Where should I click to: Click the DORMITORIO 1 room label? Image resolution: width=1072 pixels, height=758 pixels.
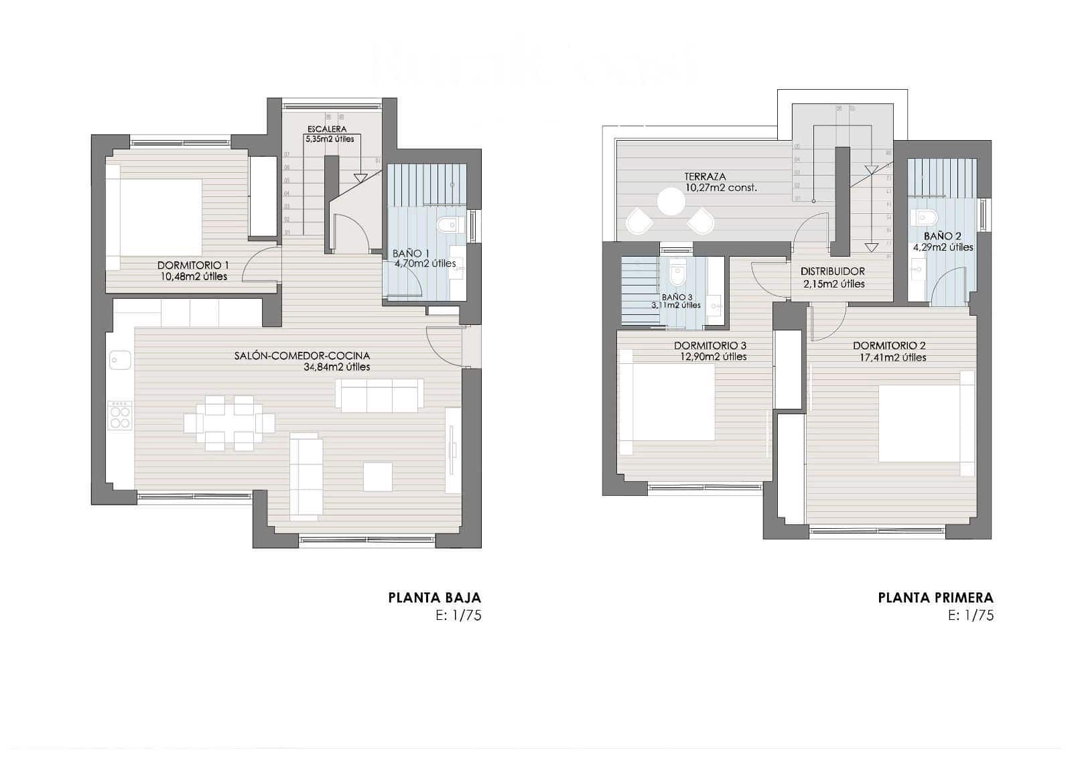[192, 265]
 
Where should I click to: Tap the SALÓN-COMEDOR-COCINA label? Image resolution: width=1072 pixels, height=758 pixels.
[301, 356]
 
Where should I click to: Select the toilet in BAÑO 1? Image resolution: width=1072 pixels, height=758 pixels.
[446, 225]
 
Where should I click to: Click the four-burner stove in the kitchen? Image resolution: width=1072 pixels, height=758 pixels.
[120, 415]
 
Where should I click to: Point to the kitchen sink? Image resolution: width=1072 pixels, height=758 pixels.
[121, 361]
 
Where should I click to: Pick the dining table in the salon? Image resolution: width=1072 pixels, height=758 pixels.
[229, 423]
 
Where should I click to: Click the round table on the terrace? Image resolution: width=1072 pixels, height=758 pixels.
[670, 200]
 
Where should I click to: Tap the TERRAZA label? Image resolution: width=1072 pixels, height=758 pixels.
[705, 177]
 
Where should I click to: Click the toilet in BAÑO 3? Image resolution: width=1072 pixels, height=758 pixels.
[677, 272]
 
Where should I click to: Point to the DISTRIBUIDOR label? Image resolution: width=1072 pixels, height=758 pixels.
[832, 271]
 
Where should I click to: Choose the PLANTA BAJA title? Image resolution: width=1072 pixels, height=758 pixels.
[434, 597]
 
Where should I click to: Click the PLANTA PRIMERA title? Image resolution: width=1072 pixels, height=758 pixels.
[935, 597]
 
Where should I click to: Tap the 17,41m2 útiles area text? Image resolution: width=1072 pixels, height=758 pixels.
[890, 357]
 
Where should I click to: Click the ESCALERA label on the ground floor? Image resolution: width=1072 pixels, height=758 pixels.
[327, 129]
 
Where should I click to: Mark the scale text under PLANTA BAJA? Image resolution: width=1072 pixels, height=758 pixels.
[458, 616]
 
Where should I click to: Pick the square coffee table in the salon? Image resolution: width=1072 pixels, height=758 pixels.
[379, 477]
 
